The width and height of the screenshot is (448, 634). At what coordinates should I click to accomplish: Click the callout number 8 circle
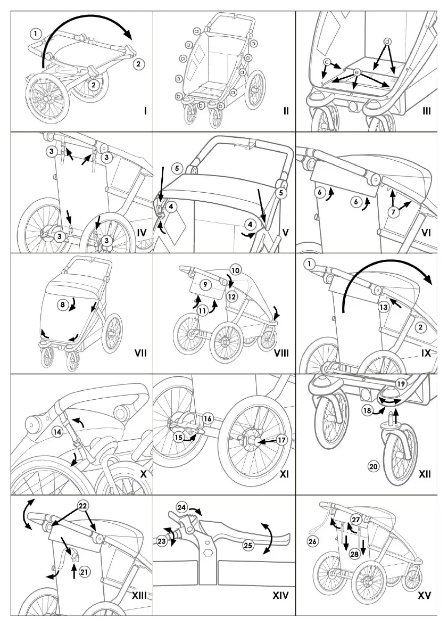[x=63, y=305]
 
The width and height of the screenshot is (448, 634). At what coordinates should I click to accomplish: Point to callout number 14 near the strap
[x=57, y=432]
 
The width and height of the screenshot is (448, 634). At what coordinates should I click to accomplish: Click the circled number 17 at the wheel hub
[x=281, y=440]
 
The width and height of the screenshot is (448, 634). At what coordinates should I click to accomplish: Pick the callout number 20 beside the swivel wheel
[x=373, y=466]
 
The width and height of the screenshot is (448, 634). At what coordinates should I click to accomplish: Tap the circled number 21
[x=84, y=572]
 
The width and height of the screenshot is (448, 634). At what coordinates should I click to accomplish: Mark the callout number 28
[x=354, y=554]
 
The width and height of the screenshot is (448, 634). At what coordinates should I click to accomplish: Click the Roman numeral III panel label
[x=427, y=111]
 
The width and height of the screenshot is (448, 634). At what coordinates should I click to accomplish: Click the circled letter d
[x=387, y=41]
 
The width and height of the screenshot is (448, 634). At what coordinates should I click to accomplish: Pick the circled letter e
[x=356, y=71]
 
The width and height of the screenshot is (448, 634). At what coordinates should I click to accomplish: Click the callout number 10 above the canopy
[x=236, y=269]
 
